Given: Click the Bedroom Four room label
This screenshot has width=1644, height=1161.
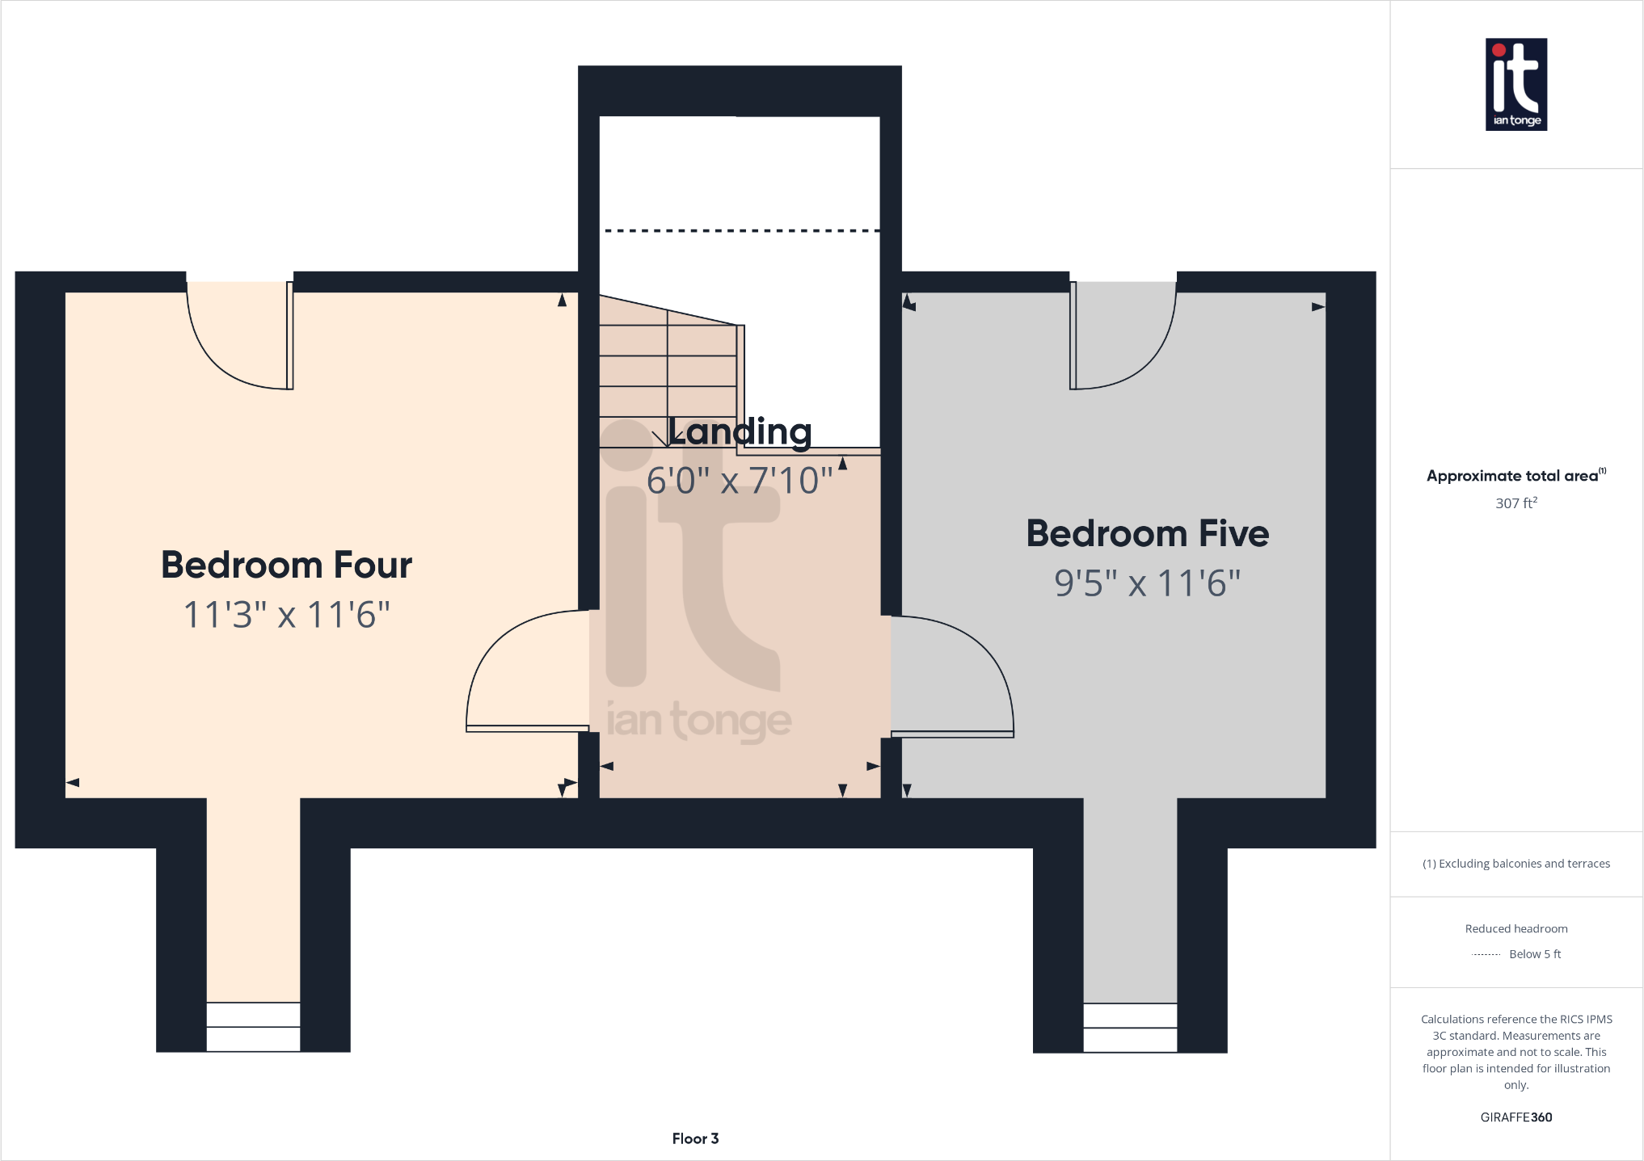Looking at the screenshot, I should [x=286, y=565].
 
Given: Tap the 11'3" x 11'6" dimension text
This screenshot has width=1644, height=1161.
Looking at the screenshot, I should [x=286, y=615].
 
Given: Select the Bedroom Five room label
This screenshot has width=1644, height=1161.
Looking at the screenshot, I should [x=1147, y=534].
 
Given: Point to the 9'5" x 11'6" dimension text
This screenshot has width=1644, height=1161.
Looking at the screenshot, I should [x=1147, y=583].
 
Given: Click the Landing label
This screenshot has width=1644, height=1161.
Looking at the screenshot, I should [x=740, y=431].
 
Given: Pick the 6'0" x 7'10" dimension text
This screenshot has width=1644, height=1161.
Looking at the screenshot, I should [x=740, y=481].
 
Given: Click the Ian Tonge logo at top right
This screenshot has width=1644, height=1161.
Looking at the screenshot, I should [x=1515, y=84].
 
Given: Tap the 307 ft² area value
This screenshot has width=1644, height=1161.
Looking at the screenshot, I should [x=1515, y=503].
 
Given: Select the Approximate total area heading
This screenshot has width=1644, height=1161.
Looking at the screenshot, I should [x=1512, y=476].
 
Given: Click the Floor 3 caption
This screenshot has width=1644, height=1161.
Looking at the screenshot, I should [x=695, y=1138].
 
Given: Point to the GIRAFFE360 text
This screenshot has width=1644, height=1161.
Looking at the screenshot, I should [x=1515, y=1117].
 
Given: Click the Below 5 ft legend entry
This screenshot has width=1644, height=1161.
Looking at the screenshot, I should [x=1533, y=954].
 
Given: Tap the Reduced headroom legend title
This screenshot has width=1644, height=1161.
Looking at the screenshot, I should [x=1515, y=929].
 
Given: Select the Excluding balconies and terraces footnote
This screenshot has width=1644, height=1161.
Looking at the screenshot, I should [x=1515, y=864].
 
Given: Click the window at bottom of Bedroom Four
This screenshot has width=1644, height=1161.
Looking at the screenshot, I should [x=253, y=1027].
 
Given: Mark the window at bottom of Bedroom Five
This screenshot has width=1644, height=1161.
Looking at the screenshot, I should [x=1129, y=1028].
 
